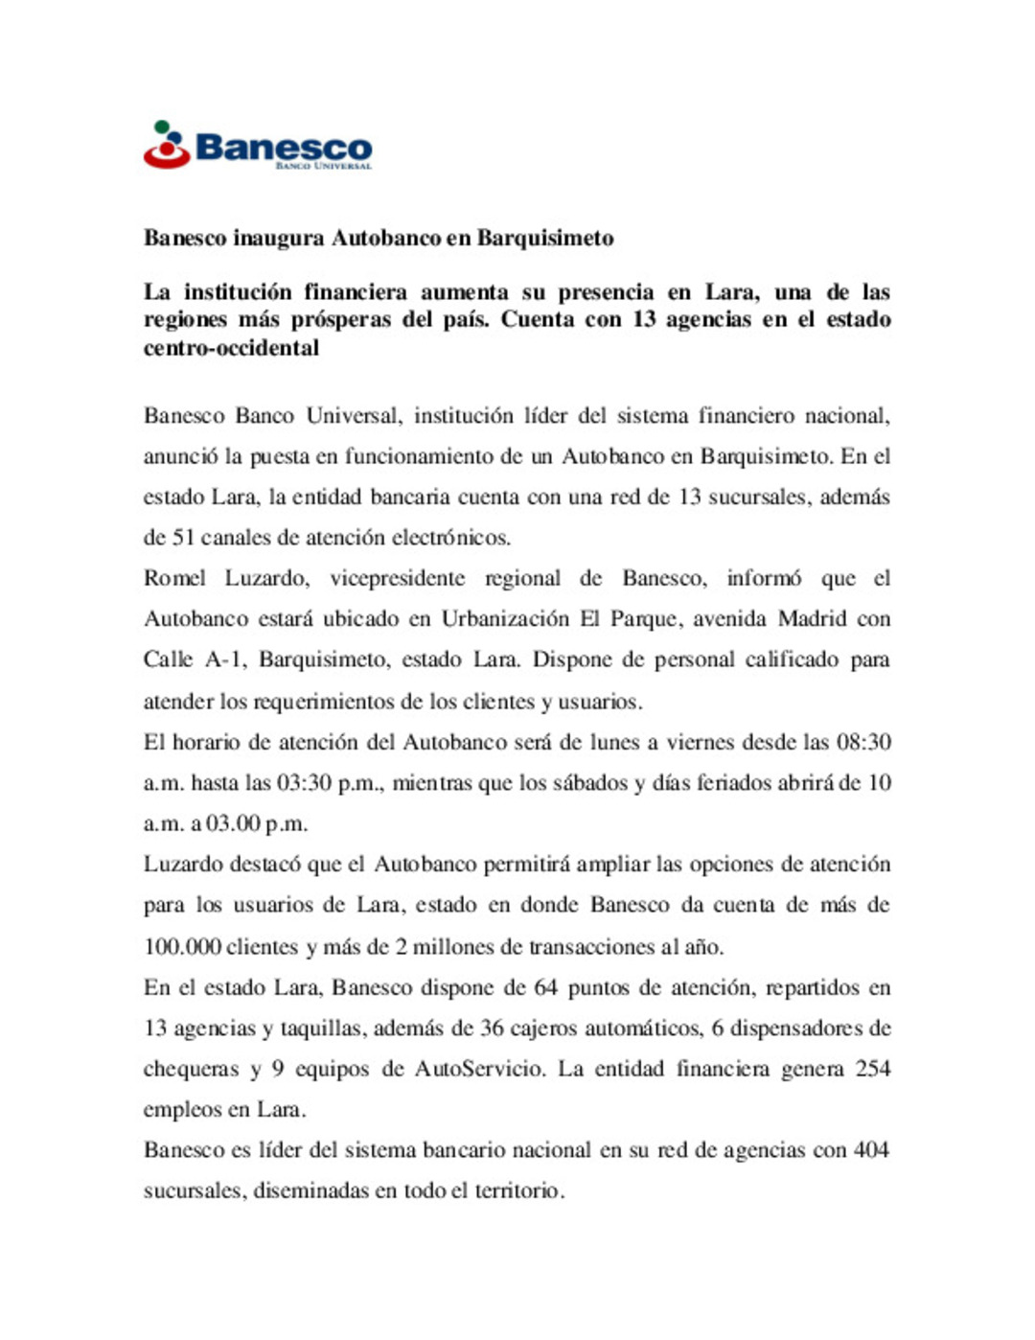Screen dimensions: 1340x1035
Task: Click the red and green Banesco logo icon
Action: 167,146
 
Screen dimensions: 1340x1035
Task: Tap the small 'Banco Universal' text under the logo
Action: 323,166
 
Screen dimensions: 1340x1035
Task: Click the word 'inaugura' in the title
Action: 279,238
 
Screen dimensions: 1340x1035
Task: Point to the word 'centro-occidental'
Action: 231,347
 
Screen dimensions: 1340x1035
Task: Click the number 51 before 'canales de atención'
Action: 183,537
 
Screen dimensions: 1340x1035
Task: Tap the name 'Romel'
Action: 174,578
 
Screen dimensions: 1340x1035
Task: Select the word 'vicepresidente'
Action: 398,578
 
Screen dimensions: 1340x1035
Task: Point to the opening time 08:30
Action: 863,742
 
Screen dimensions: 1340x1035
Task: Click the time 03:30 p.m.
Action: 330,783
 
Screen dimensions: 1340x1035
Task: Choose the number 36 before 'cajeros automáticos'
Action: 493,1028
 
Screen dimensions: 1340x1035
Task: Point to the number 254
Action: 873,1069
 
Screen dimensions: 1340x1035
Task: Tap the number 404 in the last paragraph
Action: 871,1149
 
